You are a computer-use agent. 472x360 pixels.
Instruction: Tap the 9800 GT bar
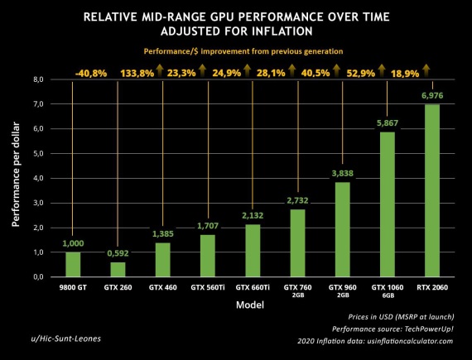pos(73,264)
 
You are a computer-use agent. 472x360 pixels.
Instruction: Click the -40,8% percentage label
pos(90,72)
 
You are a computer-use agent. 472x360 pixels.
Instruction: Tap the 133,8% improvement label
pos(132,72)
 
